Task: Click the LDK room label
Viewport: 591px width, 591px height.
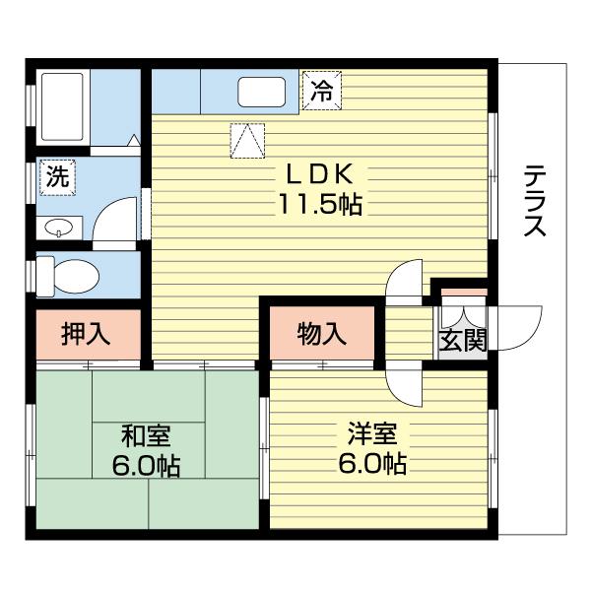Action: tap(318, 173)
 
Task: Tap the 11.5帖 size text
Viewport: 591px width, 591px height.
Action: tap(318, 205)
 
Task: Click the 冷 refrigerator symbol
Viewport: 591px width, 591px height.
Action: tap(321, 91)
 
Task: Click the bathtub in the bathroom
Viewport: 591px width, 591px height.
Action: tap(62, 105)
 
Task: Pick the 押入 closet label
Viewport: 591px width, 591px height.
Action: tap(86, 334)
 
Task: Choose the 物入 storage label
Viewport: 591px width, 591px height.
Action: tap(322, 334)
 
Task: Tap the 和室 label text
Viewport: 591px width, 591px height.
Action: tap(149, 434)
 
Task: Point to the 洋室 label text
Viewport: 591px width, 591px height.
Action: tap(372, 432)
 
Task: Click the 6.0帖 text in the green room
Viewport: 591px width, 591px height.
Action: tap(149, 465)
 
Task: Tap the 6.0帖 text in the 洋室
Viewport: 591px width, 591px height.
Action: tap(372, 463)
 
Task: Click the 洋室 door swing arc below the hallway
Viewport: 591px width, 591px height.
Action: tap(405, 384)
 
